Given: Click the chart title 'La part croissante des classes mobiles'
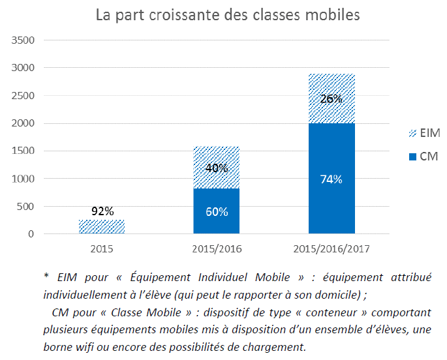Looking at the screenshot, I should click(228, 15).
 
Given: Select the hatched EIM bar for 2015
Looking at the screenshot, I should click(102, 227).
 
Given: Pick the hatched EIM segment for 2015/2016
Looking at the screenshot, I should click(217, 157).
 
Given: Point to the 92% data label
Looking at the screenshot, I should click(102, 211).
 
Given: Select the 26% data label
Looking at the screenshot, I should click(331, 99).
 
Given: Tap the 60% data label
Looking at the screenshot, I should click(217, 211).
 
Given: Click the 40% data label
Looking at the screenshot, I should click(217, 168).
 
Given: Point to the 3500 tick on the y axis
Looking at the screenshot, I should click(23, 40).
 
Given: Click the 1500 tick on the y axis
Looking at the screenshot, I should click(23, 151).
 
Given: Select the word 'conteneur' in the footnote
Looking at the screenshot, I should click(313, 312).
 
